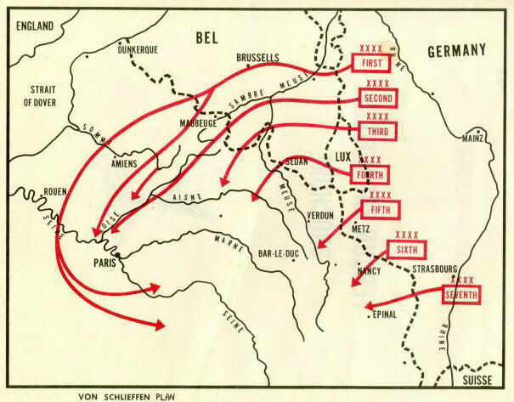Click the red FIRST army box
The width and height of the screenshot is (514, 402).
[x=371, y=62]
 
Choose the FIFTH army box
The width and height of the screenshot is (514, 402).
[x=379, y=210]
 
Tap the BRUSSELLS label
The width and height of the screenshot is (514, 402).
[x=259, y=57]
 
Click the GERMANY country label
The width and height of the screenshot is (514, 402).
[x=455, y=50]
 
